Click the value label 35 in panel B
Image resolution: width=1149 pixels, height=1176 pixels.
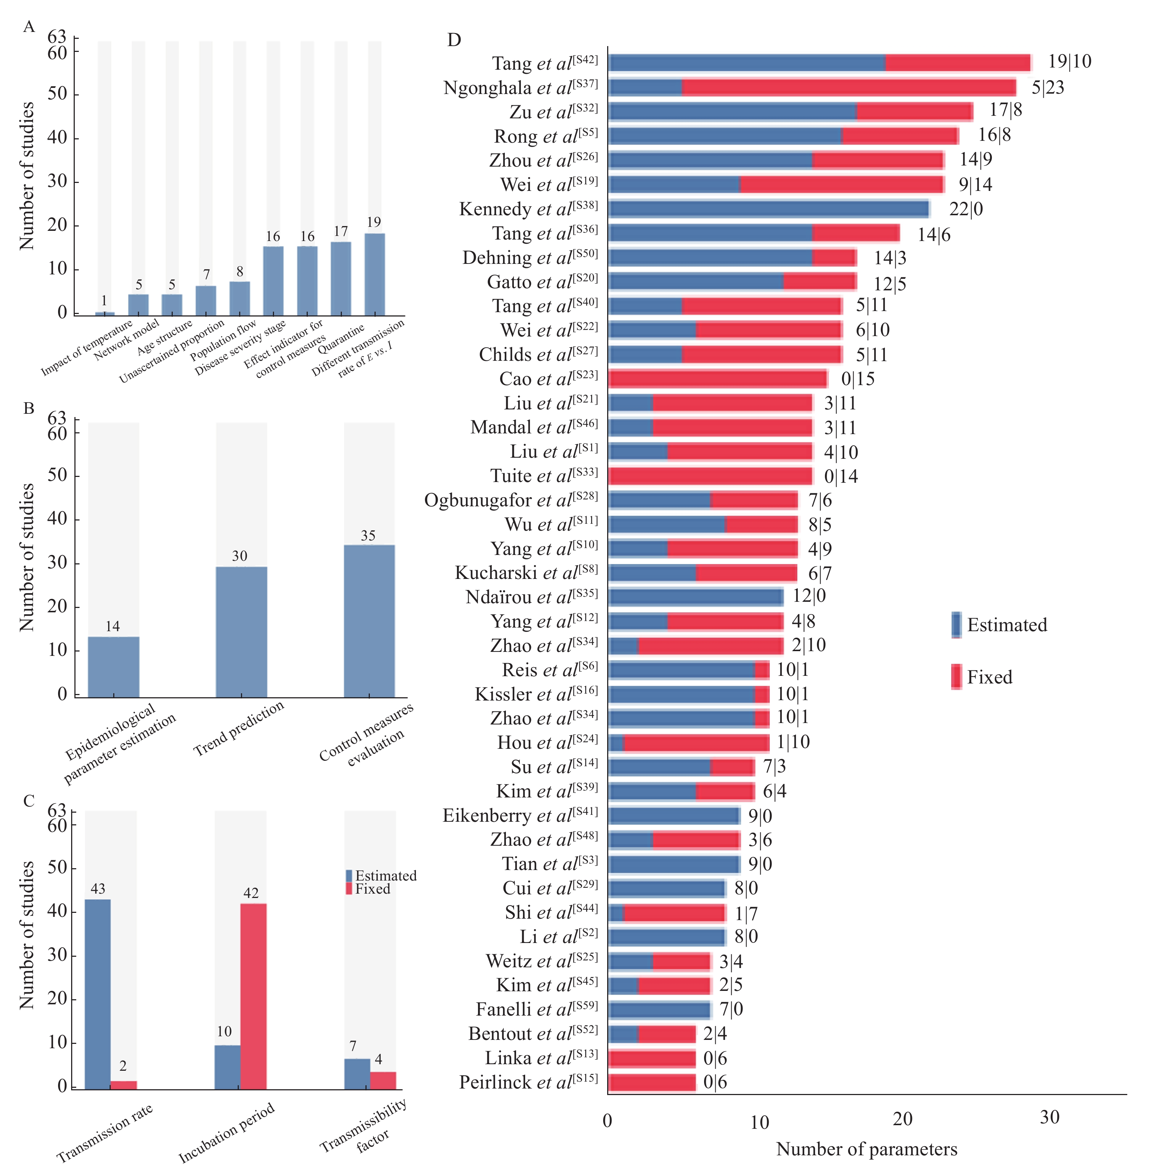click(368, 535)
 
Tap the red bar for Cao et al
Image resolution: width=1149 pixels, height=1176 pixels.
click(718, 379)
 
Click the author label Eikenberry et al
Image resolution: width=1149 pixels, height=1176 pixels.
click(520, 816)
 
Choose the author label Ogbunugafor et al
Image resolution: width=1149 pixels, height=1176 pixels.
click(511, 500)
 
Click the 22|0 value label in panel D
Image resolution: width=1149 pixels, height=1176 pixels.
click(966, 209)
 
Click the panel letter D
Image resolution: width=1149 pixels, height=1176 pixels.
click(454, 40)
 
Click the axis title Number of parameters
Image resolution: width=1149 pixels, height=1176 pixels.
click(867, 1149)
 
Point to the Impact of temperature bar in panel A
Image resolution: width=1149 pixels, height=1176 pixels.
click(105, 313)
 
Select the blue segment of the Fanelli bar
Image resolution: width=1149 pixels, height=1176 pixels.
click(659, 1009)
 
